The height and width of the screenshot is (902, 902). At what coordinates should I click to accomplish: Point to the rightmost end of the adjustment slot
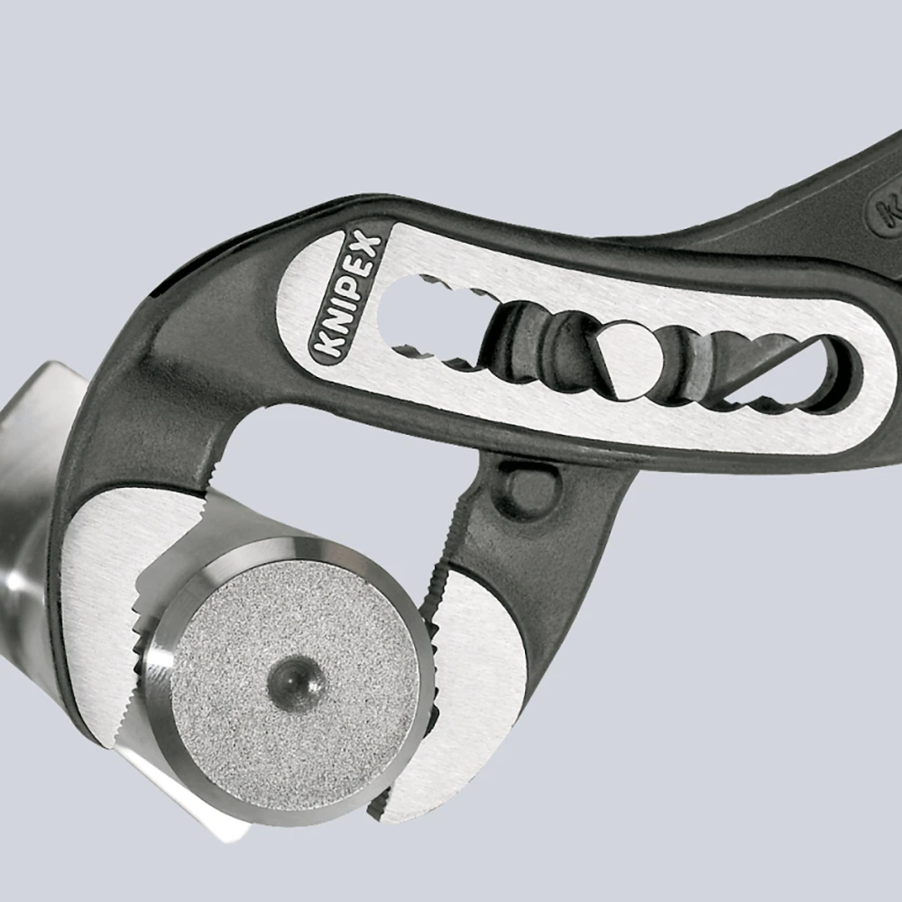point(834,374)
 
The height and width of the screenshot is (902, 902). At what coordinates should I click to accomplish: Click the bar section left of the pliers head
point(27,505)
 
